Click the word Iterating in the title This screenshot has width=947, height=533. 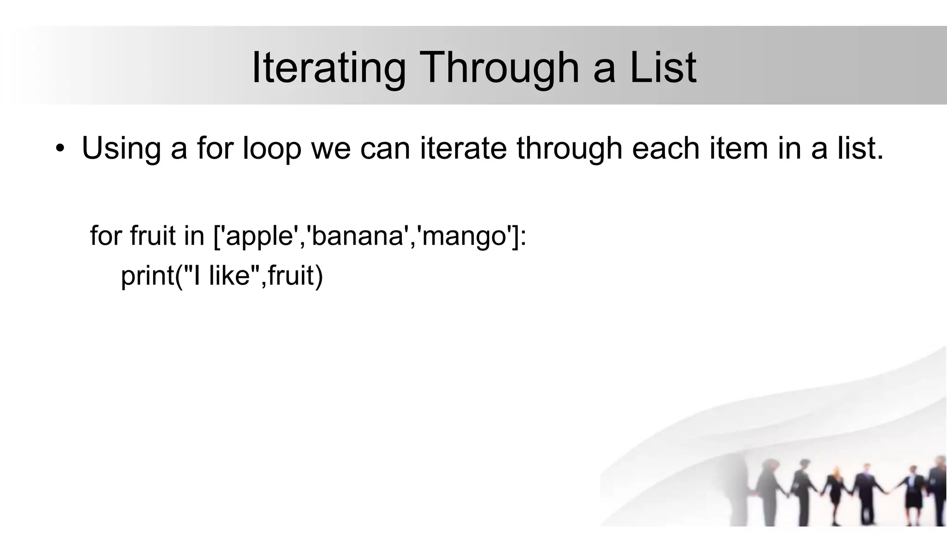(328, 68)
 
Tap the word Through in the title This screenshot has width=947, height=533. (500, 68)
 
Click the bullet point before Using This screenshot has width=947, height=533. (59, 149)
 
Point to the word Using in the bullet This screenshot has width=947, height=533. (121, 149)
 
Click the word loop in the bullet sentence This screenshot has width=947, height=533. (272, 149)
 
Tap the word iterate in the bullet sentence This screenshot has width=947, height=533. (463, 149)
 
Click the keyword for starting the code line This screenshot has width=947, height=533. (105, 236)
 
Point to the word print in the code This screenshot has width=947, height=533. (146, 276)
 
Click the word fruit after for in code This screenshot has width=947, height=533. (153, 236)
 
